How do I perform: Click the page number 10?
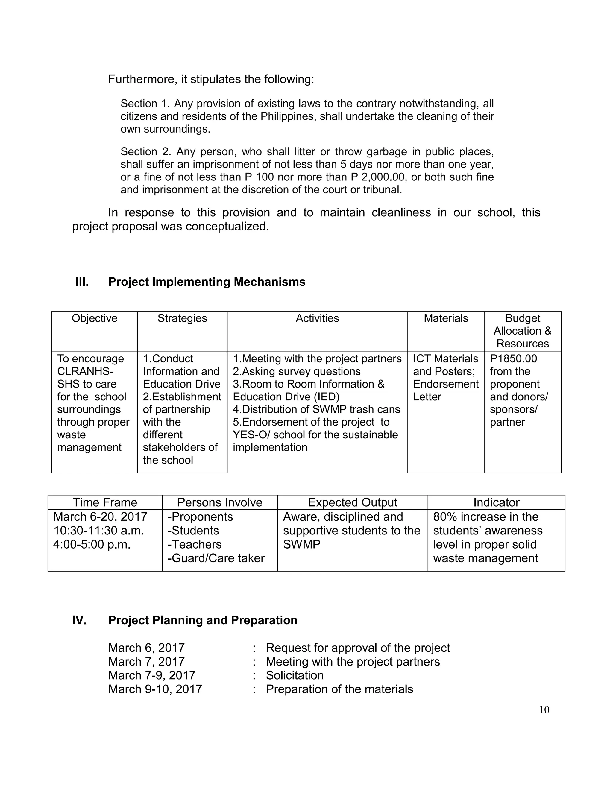click(x=544, y=710)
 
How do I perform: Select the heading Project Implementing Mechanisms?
click(x=207, y=282)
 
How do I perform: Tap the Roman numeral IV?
click(x=79, y=620)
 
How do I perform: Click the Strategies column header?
click(x=182, y=318)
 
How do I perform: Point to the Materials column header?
click(x=446, y=318)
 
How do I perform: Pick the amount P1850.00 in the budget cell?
click(x=513, y=358)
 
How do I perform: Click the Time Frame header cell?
click(x=105, y=502)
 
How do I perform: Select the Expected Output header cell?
click(x=352, y=502)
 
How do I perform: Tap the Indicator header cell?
click(x=496, y=502)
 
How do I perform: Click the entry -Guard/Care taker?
click(x=216, y=558)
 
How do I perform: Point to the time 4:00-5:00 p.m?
click(x=92, y=544)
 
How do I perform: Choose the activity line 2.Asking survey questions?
click(x=296, y=371)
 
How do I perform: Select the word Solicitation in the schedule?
click(x=295, y=675)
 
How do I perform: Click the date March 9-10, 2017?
click(x=155, y=689)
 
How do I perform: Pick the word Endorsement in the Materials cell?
click(x=446, y=384)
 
